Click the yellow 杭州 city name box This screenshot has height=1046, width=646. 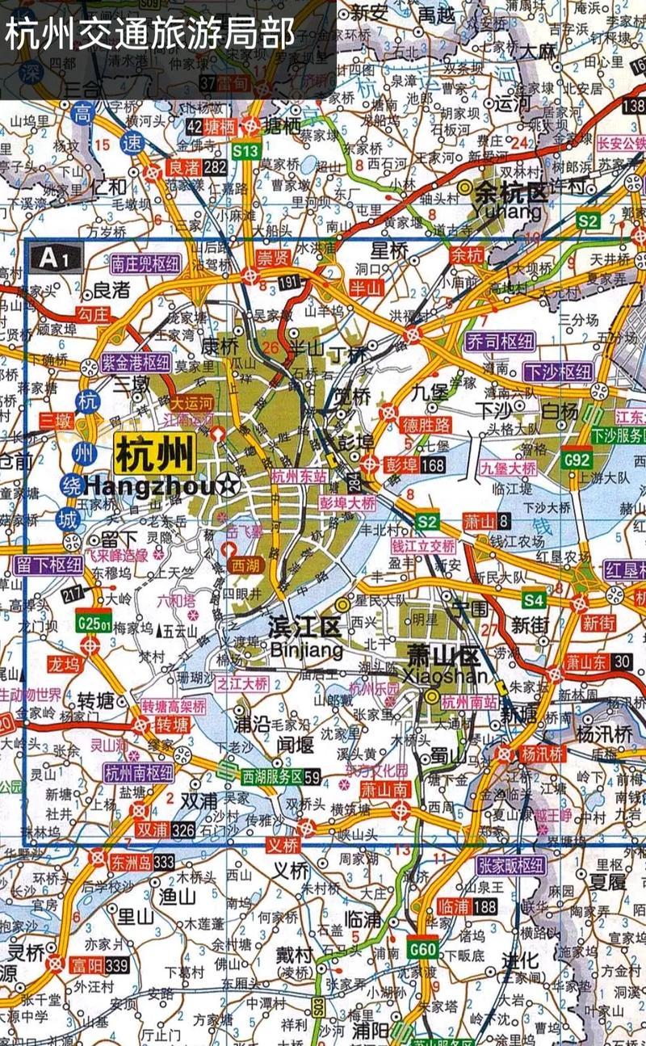[155, 454]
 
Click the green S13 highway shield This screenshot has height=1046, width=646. [245, 150]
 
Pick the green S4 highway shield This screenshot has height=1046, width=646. [533, 600]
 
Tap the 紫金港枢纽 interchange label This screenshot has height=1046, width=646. [136, 363]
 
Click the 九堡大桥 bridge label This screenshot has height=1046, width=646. [508, 468]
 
